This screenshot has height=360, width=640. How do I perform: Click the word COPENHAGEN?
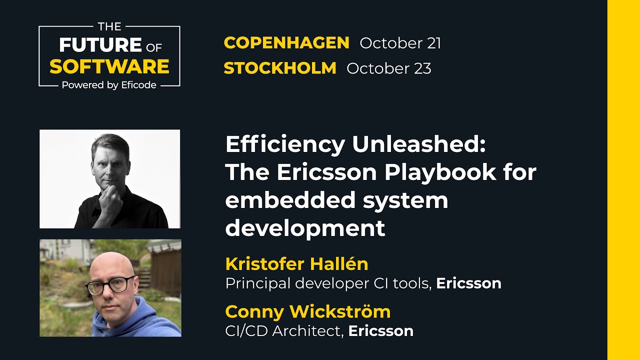click(x=286, y=43)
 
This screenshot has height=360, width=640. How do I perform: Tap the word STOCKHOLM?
click(x=280, y=68)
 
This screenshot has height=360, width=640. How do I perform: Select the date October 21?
click(x=400, y=43)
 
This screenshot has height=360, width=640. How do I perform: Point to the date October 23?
click(x=388, y=68)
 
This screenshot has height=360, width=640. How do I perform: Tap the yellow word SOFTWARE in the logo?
click(x=109, y=66)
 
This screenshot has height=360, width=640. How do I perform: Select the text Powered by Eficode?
click(x=109, y=85)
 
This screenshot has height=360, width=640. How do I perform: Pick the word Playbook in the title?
click(x=440, y=173)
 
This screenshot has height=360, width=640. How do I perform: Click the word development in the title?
click(x=305, y=228)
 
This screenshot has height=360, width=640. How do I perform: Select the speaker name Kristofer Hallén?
click(x=296, y=263)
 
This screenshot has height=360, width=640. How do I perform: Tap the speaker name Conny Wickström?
click(x=307, y=311)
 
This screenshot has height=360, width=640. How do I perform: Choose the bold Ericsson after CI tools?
click(x=468, y=283)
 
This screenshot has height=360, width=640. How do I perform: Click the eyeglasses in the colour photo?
click(x=109, y=285)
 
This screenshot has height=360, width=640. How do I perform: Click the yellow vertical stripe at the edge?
click(x=623, y=180)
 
